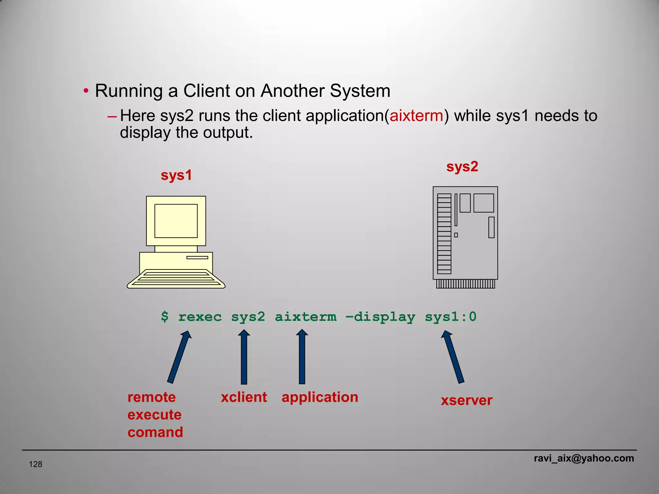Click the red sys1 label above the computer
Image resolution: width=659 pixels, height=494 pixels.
176,175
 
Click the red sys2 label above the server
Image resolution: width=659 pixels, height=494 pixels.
462,167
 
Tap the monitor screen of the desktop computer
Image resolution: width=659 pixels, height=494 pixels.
176,221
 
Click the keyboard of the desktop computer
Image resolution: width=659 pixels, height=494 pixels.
176,279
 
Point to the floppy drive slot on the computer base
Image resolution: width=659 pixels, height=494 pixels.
197,257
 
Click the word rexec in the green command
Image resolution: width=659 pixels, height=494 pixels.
200,317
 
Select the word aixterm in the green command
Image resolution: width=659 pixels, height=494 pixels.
305,317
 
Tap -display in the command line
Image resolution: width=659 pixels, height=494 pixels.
380,317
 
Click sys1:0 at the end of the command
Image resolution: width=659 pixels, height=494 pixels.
450,317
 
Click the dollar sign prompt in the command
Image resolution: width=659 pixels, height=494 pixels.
164,317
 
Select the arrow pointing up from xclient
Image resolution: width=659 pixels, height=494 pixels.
244,357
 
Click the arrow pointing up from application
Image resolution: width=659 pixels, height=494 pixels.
302,357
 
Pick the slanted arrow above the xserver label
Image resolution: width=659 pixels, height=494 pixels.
453,357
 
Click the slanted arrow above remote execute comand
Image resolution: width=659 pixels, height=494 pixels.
180,357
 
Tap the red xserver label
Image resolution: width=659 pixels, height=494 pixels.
467,400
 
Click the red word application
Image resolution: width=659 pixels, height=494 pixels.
320,397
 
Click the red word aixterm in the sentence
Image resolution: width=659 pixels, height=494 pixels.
416,116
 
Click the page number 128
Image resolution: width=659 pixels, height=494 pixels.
35,464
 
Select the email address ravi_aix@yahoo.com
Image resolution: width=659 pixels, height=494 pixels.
584,458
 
